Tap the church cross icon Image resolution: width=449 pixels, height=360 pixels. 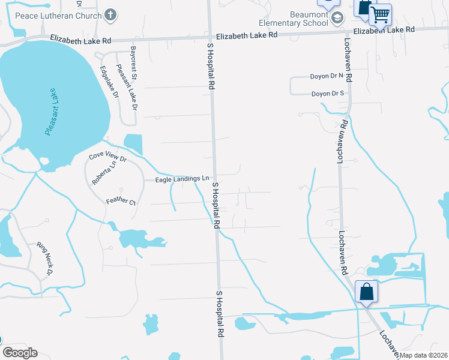[110, 13]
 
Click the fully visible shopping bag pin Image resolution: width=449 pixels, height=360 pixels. [366, 292]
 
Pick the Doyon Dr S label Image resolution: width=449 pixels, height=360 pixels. [327, 94]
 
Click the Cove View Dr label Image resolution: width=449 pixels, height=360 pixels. [108, 158]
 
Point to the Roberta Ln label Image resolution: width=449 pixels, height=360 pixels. [100, 173]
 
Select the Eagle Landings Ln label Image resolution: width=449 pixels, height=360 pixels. [182, 179]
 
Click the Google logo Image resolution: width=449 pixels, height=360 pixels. [19, 353]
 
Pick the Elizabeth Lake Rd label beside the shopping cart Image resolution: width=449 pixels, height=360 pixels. [384, 30]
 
